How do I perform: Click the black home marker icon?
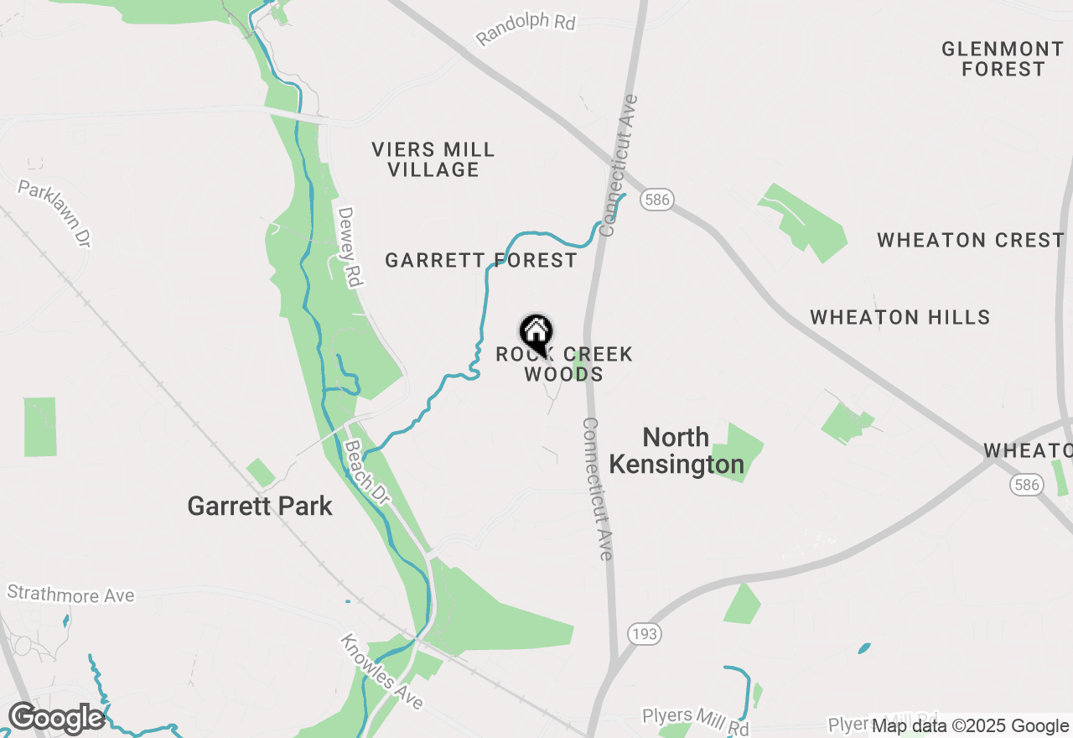pos(536,333)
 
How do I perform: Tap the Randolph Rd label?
pos(526,29)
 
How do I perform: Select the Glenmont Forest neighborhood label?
pos(1003,59)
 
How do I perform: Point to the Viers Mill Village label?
pos(433,159)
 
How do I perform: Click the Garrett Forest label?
pos(480,261)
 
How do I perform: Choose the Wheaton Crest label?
pos(971,241)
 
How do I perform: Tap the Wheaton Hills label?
pos(899,318)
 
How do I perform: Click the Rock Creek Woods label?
pos(564,364)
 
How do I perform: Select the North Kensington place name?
pos(676,450)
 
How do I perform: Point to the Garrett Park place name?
pos(260,507)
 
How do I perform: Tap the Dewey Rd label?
pos(349,247)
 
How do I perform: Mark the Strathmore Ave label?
pos(70,595)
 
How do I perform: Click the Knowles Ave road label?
pos(381,672)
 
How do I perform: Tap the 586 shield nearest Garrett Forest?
pos(658,200)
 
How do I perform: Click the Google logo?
pos(56,719)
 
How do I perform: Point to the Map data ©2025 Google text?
pos(970,726)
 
